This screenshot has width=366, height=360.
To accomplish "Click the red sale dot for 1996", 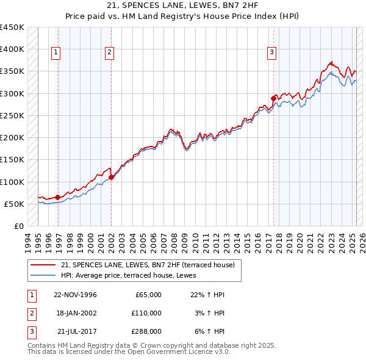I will pyautogui.click(x=57, y=197).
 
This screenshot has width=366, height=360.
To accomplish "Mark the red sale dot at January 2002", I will pyautogui.click(x=112, y=178).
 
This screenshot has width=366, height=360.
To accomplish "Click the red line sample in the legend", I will pyautogui.click(x=44, y=264).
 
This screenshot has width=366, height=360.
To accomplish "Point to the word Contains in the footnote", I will pyautogui.click(x=41, y=345).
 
